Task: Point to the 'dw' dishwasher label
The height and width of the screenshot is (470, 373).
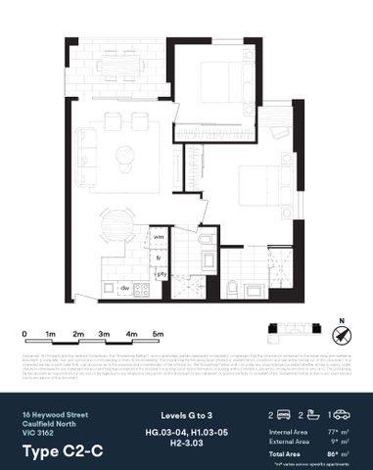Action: click(125, 288)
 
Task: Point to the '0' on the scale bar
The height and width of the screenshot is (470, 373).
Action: click(23, 335)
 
